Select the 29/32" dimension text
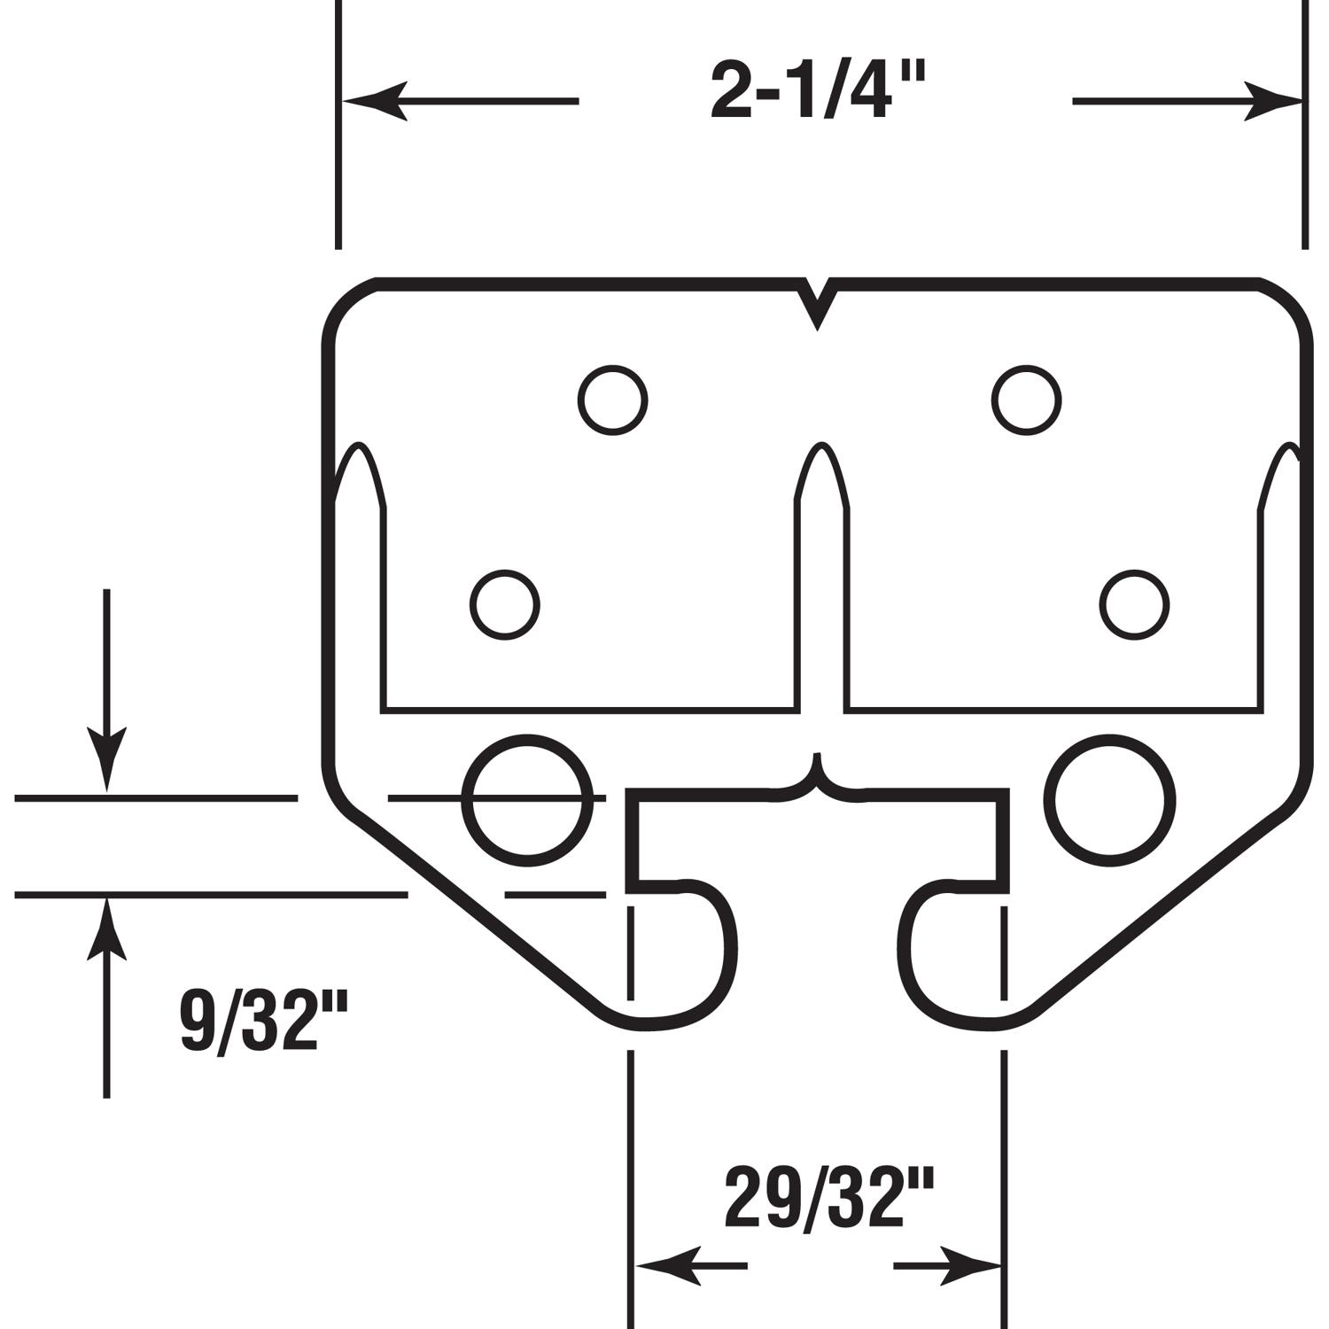pyautogui.click(x=829, y=1199)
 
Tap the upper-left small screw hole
pyautogui.click(x=612, y=400)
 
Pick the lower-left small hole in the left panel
pyautogui.click(x=504, y=605)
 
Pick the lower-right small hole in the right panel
pyautogui.click(x=1134, y=605)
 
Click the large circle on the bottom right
pyautogui.click(x=1111, y=800)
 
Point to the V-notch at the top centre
pyautogui.click(x=816, y=306)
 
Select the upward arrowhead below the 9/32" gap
pyautogui.click(x=106, y=930)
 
